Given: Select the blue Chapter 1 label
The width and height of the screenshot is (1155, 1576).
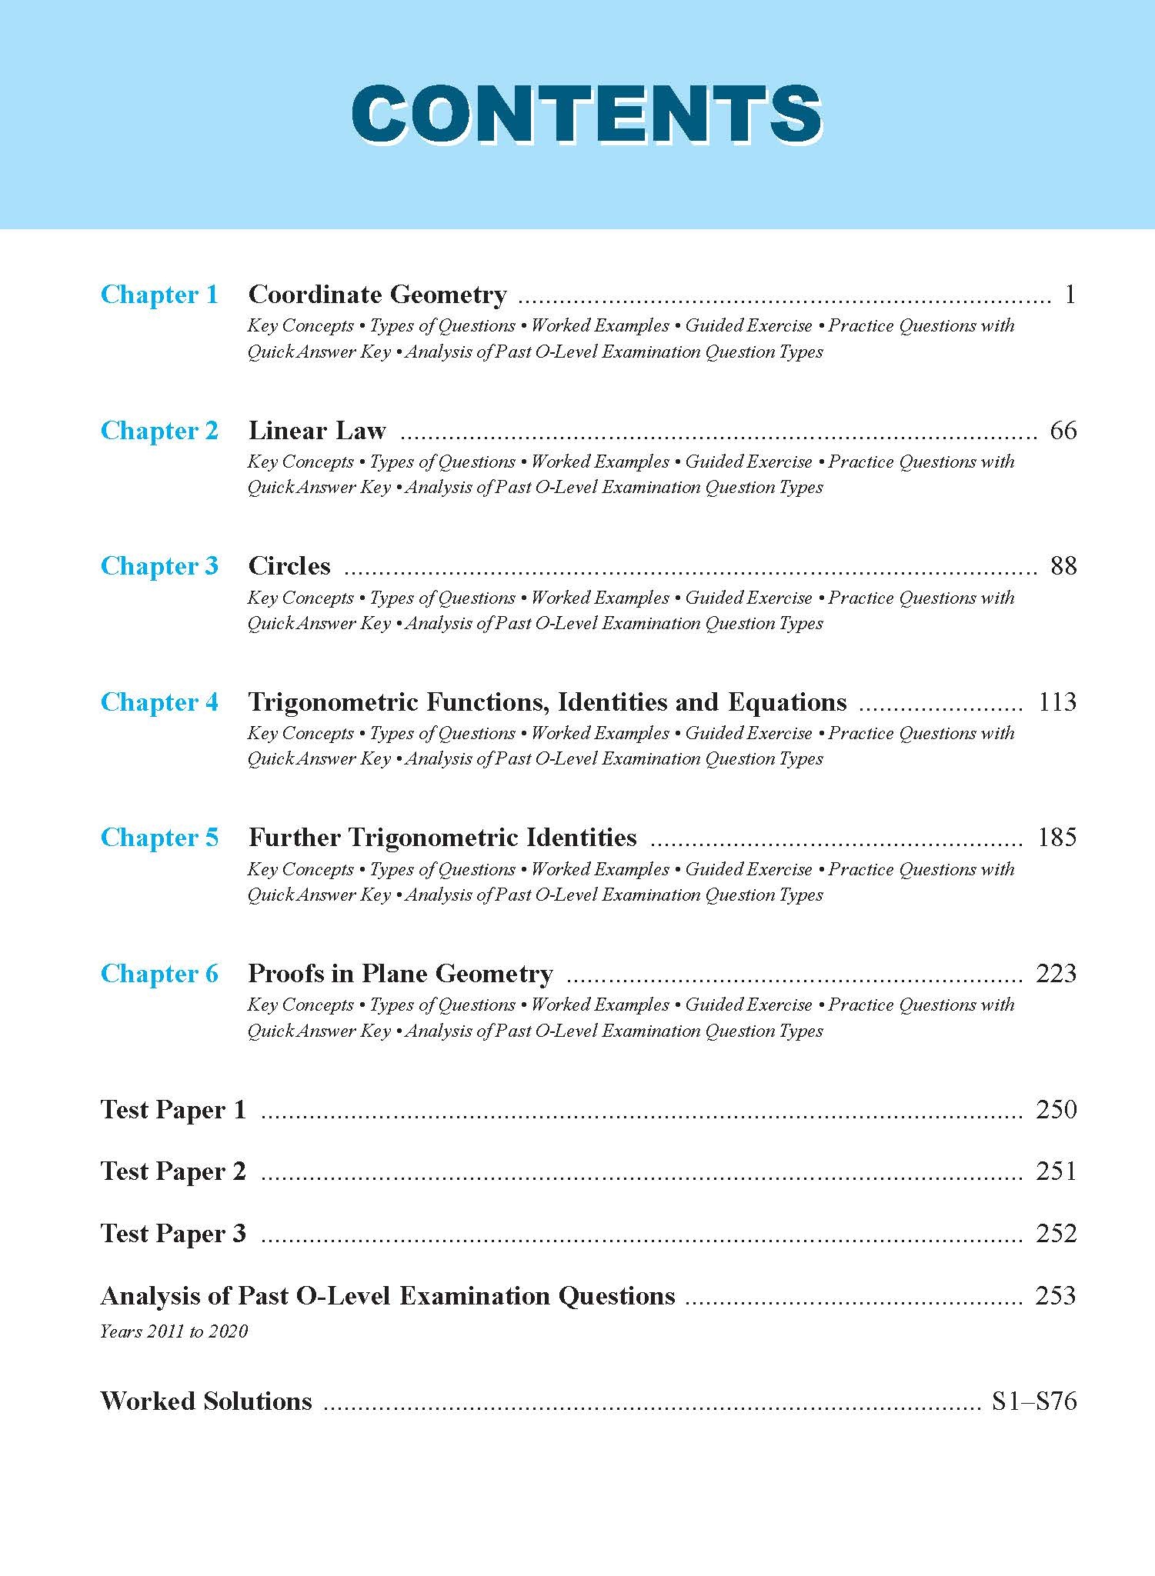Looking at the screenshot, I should (x=159, y=295).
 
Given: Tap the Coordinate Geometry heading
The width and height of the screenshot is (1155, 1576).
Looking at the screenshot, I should (x=377, y=295).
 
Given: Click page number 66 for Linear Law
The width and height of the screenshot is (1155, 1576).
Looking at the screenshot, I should (x=1063, y=431).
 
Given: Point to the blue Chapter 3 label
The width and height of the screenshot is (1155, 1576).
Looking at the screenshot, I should (x=159, y=566).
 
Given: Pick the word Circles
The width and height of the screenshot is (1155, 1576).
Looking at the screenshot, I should (x=289, y=566).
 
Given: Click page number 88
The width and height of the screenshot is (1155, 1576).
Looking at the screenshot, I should (x=1063, y=566).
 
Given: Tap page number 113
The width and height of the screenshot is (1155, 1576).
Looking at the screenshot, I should (x=1057, y=702).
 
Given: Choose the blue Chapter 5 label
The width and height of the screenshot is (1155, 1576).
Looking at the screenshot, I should (x=159, y=838).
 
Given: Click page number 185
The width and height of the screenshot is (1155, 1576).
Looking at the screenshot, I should (x=1057, y=838).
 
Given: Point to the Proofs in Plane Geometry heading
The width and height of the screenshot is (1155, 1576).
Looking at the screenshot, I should (x=400, y=974).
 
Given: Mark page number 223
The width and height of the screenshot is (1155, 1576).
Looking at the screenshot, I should (x=1056, y=974).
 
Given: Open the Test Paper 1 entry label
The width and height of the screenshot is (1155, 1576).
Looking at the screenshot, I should (x=173, y=1110).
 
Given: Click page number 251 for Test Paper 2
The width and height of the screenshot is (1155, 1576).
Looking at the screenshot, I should (x=1056, y=1171).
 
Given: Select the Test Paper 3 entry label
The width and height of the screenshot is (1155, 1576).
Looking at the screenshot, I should (x=173, y=1234).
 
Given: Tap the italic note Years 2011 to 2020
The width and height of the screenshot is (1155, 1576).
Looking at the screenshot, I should (x=174, y=1331).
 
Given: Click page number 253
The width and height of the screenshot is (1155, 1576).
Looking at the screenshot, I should (x=1056, y=1296).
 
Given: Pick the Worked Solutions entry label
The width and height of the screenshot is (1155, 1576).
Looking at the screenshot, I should (x=206, y=1401).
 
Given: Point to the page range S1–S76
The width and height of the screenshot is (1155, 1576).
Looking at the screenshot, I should (x=1033, y=1401).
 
